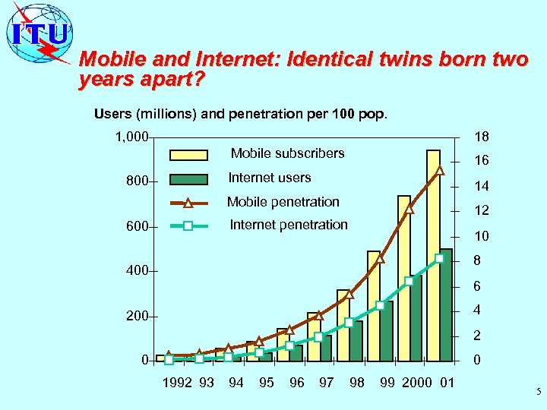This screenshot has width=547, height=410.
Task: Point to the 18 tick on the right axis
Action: tap(481, 137)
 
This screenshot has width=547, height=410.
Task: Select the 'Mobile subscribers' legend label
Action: tap(287, 153)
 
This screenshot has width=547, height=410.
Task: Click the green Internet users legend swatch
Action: tap(188, 179)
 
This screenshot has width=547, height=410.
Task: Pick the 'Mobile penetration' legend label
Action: tap(283, 202)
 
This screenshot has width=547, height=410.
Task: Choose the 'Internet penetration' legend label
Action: tap(289, 225)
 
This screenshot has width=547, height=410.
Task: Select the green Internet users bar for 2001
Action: tap(446, 304)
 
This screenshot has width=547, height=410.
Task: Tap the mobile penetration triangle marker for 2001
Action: tap(439, 170)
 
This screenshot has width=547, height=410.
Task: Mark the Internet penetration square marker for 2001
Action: tap(439, 258)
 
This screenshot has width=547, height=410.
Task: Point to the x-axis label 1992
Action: tap(177, 383)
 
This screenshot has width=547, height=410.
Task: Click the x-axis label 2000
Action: tap(417, 383)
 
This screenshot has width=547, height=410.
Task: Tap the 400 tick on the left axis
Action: tap(137, 271)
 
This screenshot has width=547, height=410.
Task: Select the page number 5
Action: tap(538, 393)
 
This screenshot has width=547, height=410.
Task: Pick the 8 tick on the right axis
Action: tap(477, 260)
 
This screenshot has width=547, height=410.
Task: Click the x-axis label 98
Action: tap(356, 383)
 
